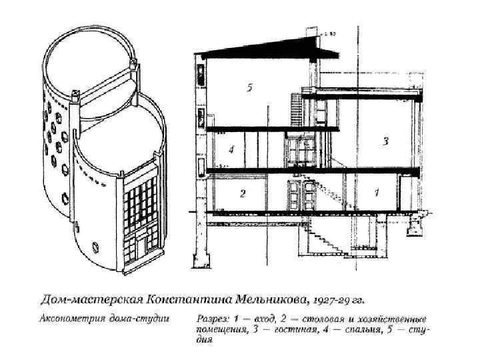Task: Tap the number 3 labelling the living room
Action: coord(385,141)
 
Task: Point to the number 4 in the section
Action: coord(231,149)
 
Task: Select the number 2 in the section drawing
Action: coord(243,193)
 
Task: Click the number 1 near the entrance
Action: coord(377,193)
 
